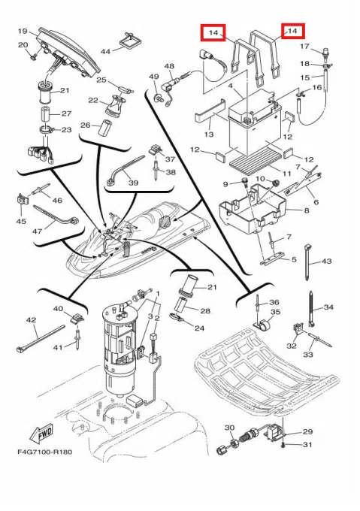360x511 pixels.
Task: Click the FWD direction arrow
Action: pyautogui.click(x=41, y=434)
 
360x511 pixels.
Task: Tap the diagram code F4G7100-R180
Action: pyautogui.click(x=45, y=452)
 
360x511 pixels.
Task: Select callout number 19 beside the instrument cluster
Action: pyautogui.click(x=23, y=32)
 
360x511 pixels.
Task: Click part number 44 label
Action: pyautogui.click(x=105, y=52)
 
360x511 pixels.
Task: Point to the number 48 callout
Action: pyautogui.click(x=169, y=66)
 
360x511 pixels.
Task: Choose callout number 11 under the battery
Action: pyautogui.click(x=286, y=173)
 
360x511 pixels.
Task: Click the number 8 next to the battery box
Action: pyautogui.click(x=306, y=210)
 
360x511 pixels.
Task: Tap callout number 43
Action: pyautogui.click(x=326, y=261)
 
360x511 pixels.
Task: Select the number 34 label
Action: pyautogui.click(x=328, y=307)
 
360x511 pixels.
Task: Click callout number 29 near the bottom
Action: pyautogui.click(x=307, y=431)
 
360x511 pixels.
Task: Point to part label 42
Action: pyautogui.click(x=32, y=320)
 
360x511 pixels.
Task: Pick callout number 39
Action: pyautogui.click(x=134, y=183)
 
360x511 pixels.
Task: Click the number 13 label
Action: pyautogui.click(x=208, y=134)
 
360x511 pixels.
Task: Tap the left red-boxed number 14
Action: pyautogui.click(x=213, y=32)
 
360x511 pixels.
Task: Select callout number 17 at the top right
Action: pyautogui.click(x=304, y=47)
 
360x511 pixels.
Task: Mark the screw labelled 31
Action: pyautogui.click(x=284, y=444)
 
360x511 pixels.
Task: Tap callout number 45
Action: pyautogui.click(x=21, y=221)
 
